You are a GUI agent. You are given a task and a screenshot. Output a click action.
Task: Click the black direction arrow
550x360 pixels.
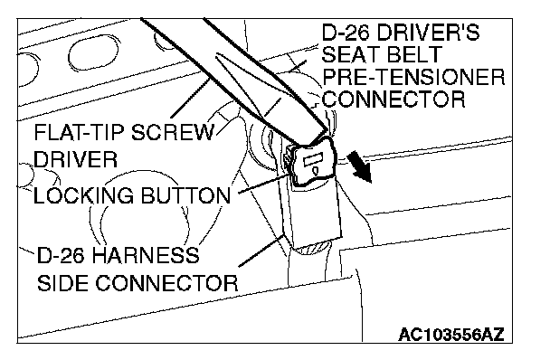tap(359, 166)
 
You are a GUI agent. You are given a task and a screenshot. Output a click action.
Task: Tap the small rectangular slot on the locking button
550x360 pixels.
tap(311, 161)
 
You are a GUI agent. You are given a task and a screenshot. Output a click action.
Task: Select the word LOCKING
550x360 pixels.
tap(83, 195)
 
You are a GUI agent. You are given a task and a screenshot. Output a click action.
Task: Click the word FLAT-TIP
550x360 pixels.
tap(80, 132)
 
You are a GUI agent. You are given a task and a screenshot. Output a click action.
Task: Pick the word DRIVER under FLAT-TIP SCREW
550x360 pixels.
tap(75, 159)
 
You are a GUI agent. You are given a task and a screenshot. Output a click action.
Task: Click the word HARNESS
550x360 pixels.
tap(146, 255)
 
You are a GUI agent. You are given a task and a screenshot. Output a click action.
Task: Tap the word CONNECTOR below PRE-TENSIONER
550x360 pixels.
tap(394, 99)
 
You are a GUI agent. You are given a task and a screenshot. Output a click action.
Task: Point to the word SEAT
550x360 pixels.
tap(348, 54)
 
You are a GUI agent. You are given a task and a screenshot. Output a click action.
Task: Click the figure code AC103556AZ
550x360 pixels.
tap(451, 335)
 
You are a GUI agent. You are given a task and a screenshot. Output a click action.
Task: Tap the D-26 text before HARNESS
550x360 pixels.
tap(61, 255)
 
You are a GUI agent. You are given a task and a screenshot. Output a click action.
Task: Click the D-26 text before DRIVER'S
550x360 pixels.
tap(346, 33)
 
